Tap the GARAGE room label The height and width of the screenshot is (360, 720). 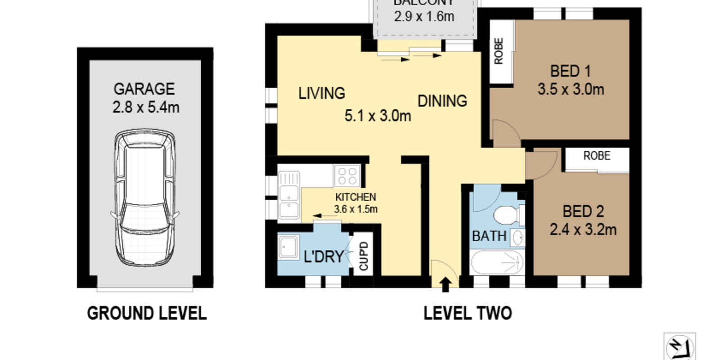(x=144, y=89)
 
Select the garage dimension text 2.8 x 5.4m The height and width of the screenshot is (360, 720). (x=146, y=108)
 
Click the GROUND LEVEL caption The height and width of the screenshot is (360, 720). (x=147, y=313)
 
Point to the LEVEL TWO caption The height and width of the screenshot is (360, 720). (x=468, y=313)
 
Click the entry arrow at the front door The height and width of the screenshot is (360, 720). (x=445, y=284)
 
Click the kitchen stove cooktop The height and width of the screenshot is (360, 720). (x=347, y=175)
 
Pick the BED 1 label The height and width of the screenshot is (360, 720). (x=570, y=71)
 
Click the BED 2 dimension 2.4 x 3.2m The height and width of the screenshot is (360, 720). (x=583, y=230)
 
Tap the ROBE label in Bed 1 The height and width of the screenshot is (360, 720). (x=499, y=51)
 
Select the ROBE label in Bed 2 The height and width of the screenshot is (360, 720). (x=597, y=156)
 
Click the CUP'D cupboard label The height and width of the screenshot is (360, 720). (x=364, y=256)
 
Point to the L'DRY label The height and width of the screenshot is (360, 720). (x=324, y=256)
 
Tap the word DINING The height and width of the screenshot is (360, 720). (x=442, y=101)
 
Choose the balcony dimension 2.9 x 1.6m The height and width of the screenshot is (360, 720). (x=424, y=17)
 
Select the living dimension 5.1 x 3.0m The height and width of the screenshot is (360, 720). (x=378, y=116)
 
